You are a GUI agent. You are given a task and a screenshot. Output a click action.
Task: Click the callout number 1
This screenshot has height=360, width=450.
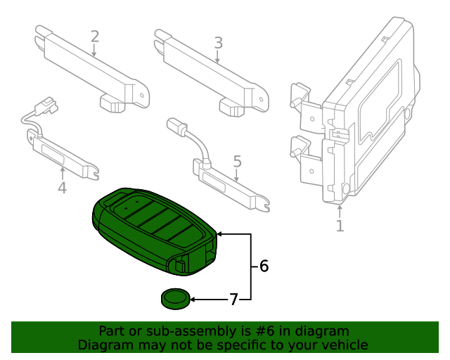[x=340, y=226]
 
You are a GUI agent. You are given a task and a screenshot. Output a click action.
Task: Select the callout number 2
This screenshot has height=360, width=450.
[x=95, y=37]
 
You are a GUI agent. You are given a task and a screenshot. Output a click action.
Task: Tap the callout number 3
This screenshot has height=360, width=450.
[x=218, y=42]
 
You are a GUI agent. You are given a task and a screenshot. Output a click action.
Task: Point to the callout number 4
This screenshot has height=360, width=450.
[x=62, y=187]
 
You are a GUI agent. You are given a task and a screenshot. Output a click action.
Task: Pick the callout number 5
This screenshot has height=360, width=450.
[x=237, y=162]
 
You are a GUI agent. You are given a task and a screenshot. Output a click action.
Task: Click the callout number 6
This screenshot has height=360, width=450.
[x=264, y=266]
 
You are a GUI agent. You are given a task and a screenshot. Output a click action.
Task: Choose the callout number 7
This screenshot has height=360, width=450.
[x=233, y=300]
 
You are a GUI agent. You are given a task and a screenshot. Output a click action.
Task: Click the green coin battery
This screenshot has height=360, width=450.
[x=174, y=300]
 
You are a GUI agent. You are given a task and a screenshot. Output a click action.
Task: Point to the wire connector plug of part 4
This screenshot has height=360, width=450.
[x=48, y=105]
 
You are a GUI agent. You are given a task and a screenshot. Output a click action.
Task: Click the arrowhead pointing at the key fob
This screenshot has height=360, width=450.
[x=221, y=233]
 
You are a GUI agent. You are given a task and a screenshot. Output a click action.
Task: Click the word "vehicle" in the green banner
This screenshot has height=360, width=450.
[x=344, y=345]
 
